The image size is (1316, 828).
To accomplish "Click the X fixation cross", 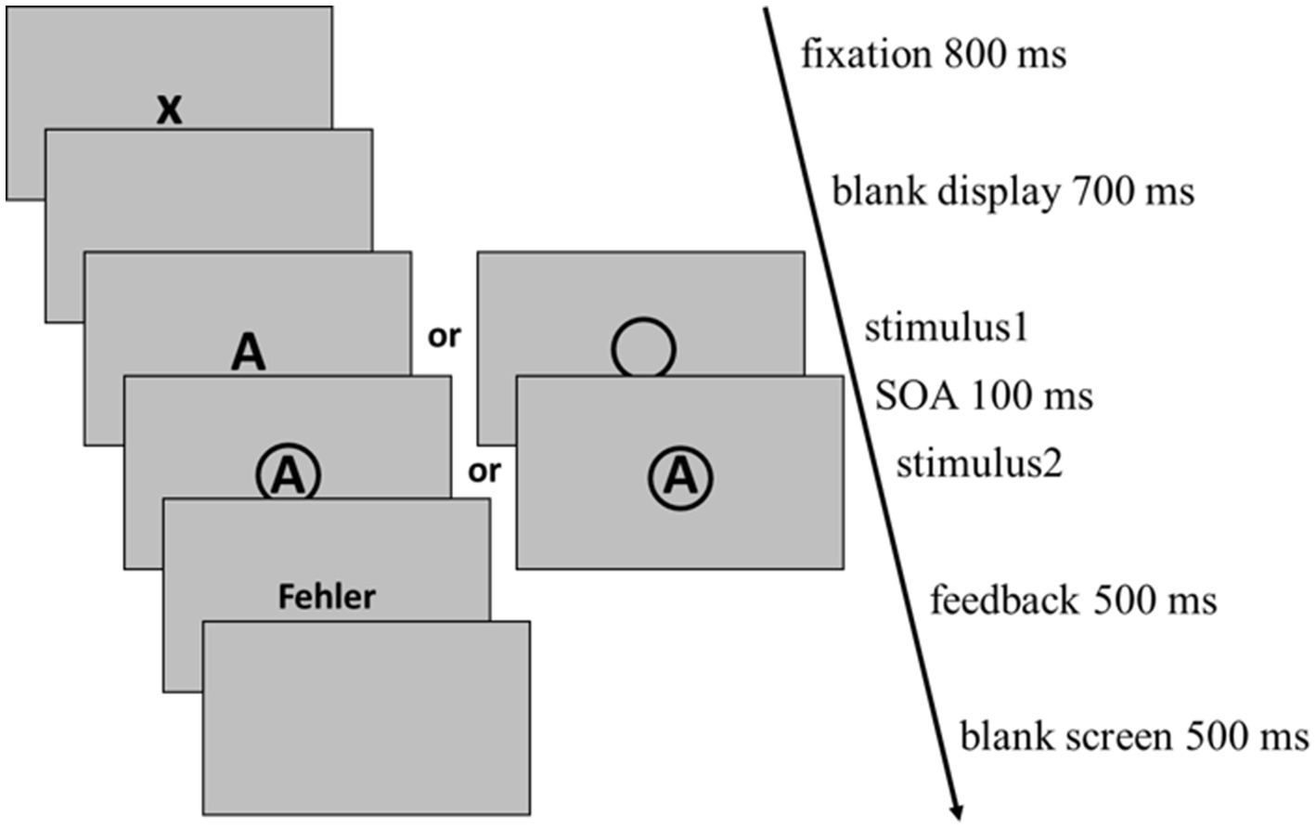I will tap(168, 110).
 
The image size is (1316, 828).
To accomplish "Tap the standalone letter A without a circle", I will tap(248, 353).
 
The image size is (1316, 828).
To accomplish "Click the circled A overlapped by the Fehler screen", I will tap(289, 473).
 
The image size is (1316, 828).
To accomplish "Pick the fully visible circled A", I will tap(680, 477).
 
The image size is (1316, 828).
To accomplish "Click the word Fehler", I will tap(327, 597).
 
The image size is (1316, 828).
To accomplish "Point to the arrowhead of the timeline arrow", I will tap(956, 809).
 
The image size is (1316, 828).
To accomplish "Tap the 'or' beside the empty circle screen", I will tap(444, 336).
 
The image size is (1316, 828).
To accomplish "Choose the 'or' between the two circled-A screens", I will tap(484, 472).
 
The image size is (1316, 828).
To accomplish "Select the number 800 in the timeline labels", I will tap(974, 55).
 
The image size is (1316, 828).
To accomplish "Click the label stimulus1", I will tap(947, 329).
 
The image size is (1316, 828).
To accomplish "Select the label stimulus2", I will tap(978, 463).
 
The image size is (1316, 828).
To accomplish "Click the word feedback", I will tap(1004, 601).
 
